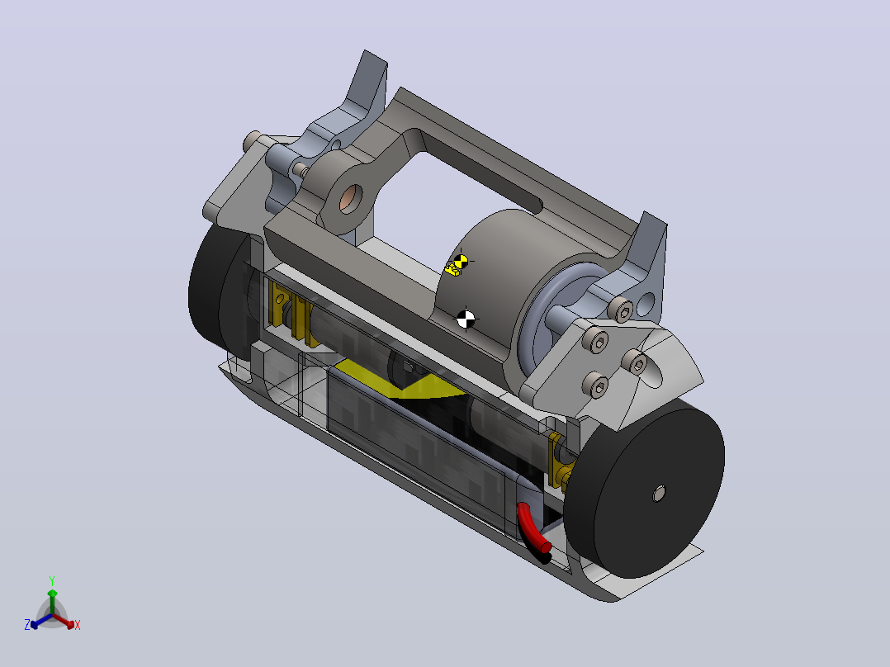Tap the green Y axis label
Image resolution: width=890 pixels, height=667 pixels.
[x=52, y=581]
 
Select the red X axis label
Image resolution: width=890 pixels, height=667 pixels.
[x=78, y=625]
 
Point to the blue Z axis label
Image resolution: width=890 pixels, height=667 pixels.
[x=27, y=625]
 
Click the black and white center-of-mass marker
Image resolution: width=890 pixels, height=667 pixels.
[x=466, y=319]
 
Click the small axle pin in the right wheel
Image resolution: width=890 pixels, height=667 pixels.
[x=659, y=494]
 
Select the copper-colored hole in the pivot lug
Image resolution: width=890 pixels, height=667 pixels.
[x=350, y=199]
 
